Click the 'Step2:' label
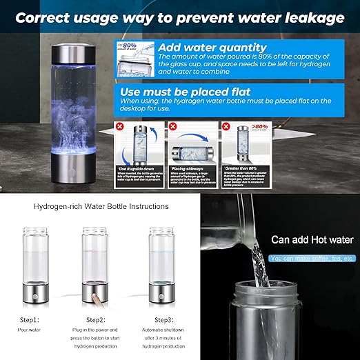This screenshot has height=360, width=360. point(96,320)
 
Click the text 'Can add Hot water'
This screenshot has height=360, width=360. point(312,240)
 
